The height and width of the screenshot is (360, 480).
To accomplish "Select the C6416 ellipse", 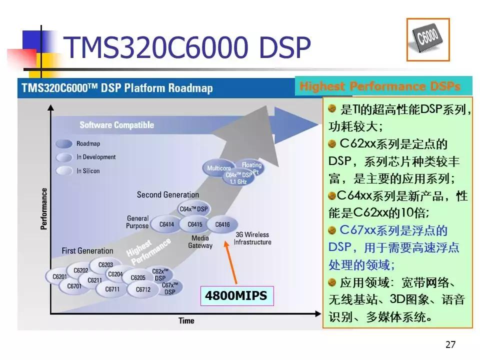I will [222, 225].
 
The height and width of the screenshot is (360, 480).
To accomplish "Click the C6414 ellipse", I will [166, 224].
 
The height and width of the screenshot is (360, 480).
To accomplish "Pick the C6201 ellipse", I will [59, 276].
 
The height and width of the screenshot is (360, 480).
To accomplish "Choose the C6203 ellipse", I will [105, 265].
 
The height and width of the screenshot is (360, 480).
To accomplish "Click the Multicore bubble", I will [219, 168].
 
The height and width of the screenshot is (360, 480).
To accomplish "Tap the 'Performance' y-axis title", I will [44, 208].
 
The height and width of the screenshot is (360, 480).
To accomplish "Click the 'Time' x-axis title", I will [186, 320].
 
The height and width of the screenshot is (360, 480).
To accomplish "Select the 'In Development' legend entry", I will [95, 157].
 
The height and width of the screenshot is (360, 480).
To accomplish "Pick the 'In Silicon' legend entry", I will [87, 171].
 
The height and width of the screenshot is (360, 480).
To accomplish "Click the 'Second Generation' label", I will [167, 195].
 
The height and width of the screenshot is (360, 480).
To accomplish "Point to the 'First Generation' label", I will [87, 250].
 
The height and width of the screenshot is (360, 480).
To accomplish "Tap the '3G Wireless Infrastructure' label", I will [252, 238].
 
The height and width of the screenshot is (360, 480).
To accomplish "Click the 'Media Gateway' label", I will [200, 242].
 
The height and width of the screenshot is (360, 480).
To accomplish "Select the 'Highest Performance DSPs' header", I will [379, 86].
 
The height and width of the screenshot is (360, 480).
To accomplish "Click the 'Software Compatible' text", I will [116, 125].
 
